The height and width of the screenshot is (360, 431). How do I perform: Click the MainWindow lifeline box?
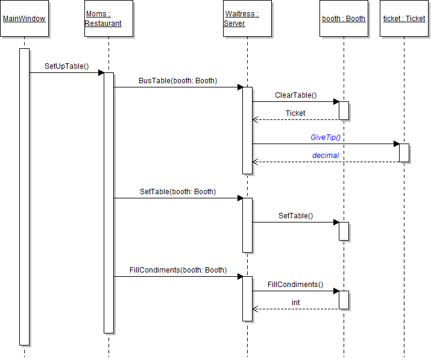click(x=24, y=19)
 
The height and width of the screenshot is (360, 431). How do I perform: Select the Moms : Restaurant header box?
click(x=109, y=19)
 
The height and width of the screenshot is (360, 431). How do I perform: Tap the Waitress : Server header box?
click(x=247, y=19)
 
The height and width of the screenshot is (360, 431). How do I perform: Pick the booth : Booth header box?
click(x=344, y=19)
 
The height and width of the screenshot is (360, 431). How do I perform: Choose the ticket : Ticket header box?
click(x=404, y=19)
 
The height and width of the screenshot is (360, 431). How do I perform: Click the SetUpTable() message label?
click(x=67, y=66)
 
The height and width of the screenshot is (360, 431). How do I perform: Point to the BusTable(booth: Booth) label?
click(x=178, y=81)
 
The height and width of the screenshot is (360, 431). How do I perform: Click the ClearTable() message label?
click(x=295, y=95)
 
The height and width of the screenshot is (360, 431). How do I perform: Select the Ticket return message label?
click(x=295, y=113)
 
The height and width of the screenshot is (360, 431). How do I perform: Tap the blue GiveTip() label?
click(x=326, y=137)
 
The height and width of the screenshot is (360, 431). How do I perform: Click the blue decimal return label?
click(x=326, y=156)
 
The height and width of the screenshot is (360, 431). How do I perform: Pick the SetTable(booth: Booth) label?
click(x=178, y=192)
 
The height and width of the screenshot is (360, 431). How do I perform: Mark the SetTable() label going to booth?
click(x=295, y=215)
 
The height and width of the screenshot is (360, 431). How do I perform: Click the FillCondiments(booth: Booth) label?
click(x=178, y=270)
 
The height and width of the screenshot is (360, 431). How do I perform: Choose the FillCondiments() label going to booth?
click(x=295, y=285)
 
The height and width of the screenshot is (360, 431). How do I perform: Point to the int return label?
click(x=295, y=303)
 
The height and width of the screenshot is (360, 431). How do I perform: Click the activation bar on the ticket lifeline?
click(x=404, y=153)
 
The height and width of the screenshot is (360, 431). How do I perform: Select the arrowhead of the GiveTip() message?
click(x=396, y=144)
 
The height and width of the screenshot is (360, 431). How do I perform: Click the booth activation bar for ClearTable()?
click(x=344, y=110)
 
